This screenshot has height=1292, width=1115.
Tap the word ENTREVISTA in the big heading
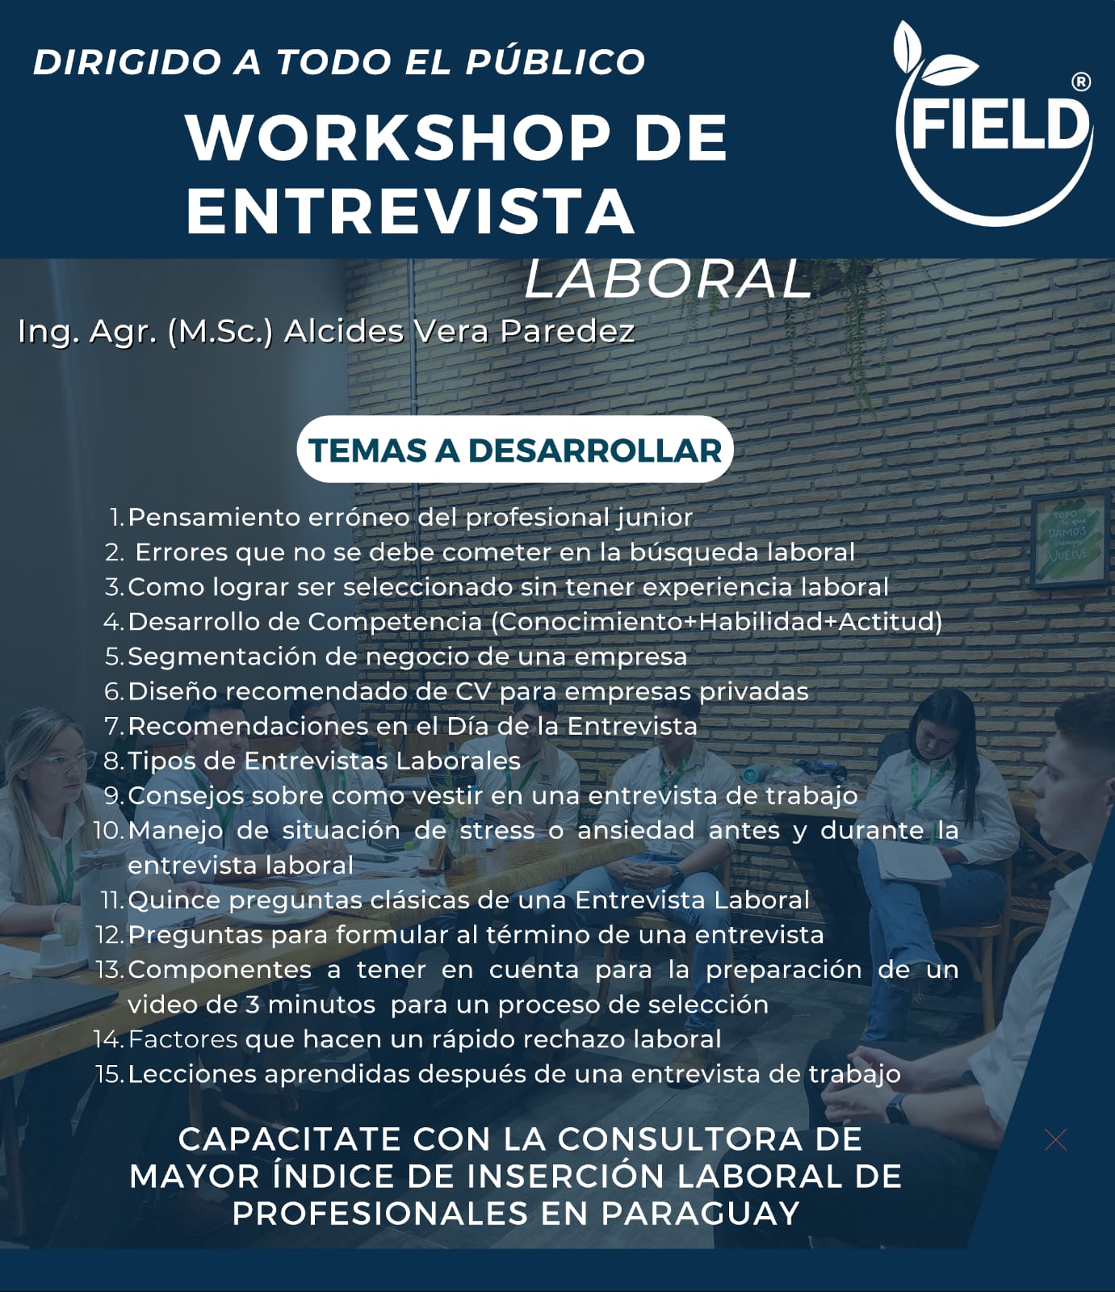tap(410, 210)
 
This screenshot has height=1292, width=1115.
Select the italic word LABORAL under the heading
tap(668, 279)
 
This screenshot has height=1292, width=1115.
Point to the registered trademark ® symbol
tap(1080, 82)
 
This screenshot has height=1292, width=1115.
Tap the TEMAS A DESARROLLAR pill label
tap(515, 450)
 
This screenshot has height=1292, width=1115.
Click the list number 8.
tap(113, 761)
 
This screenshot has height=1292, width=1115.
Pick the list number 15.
tap(109, 1074)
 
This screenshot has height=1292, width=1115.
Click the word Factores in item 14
tap(182, 1039)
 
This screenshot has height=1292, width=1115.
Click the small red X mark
tap(1055, 1139)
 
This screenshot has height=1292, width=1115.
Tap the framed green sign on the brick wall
tap(1069, 536)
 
